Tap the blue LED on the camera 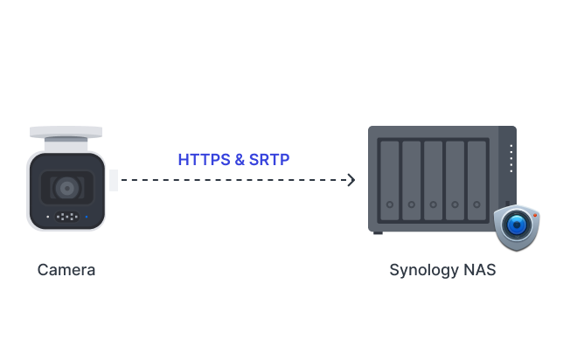point(86,216)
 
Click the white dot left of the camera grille point(47,216)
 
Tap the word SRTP point(268,160)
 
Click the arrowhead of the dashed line point(351,180)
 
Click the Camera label point(66,270)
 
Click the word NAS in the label point(479,270)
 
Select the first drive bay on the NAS point(391,180)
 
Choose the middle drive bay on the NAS point(434,180)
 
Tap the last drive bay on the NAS point(476,180)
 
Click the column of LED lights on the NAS point(511,158)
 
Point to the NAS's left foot point(378,232)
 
